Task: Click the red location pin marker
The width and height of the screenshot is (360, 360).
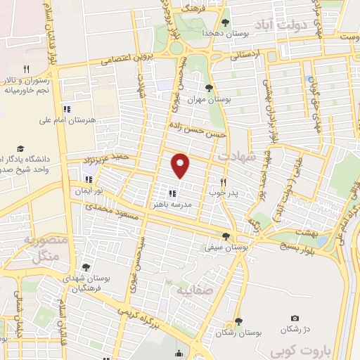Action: click(181, 165)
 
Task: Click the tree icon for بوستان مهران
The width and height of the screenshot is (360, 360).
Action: click(208, 88)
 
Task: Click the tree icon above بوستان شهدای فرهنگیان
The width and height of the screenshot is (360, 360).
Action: click(86, 267)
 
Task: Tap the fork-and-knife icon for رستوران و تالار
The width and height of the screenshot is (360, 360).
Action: click(27, 69)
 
